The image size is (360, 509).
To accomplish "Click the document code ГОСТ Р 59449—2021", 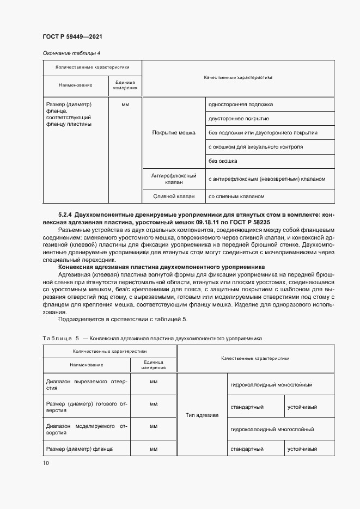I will [72, 36].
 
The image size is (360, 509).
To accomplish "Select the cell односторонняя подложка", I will [240, 104].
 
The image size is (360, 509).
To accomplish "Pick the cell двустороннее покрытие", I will [238, 118].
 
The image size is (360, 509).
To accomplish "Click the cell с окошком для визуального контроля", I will [255, 147].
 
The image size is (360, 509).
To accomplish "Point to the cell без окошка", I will [223, 161].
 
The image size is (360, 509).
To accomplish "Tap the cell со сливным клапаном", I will [236, 196].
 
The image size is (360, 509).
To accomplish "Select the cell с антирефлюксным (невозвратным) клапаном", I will [266, 179].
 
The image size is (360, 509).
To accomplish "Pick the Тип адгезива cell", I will [202, 415].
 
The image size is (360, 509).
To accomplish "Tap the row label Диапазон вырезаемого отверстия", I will [87, 385].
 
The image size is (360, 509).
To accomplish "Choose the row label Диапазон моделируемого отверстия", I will [87, 430].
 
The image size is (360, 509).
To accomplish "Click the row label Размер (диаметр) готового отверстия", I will [87, 407].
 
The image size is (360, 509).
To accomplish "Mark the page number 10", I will [45, 463].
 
